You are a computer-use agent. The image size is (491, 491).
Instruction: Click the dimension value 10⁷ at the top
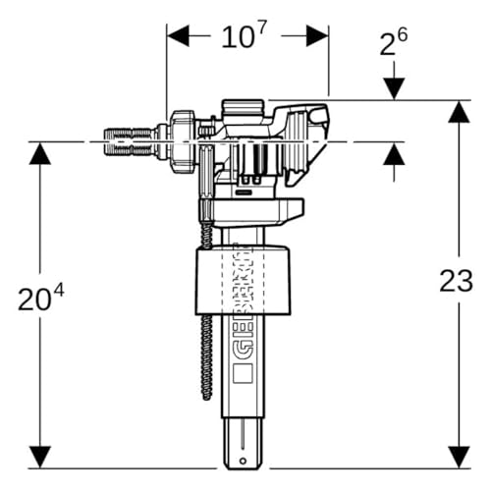(x=245, y=35)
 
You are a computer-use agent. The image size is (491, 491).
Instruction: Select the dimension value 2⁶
(x=394, y=42)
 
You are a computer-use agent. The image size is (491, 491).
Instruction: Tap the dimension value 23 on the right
(x=457, y=281)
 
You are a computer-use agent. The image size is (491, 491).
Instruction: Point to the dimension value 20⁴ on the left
(x=40, y=298)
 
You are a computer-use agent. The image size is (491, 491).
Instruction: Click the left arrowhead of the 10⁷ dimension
(x=178, y=35)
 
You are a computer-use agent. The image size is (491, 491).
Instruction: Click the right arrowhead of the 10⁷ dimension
(x=317, y=35)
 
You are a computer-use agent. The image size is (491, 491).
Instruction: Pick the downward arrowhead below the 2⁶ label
(x=394, y=88)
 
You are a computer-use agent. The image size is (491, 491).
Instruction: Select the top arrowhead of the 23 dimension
(x=460, y=112)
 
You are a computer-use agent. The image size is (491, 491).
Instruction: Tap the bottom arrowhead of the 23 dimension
(x=460, y=457)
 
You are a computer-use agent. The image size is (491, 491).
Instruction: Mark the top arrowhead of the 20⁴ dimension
(x=40, y=154)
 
